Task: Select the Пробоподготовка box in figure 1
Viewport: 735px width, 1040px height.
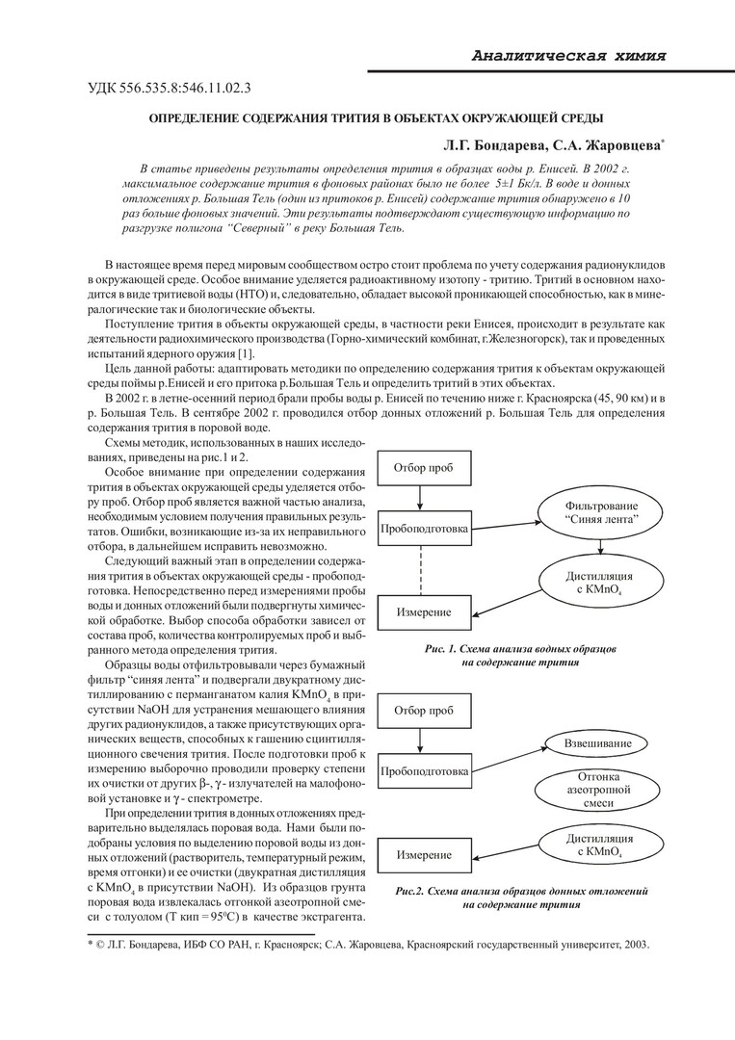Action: point(424,529)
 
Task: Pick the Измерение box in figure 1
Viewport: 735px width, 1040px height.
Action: point(423,612)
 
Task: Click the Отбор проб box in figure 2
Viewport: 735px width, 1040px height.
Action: point(424,711)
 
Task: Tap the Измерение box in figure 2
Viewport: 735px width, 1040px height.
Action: point(423,856)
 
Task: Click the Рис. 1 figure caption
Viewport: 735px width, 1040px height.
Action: point(528,656)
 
